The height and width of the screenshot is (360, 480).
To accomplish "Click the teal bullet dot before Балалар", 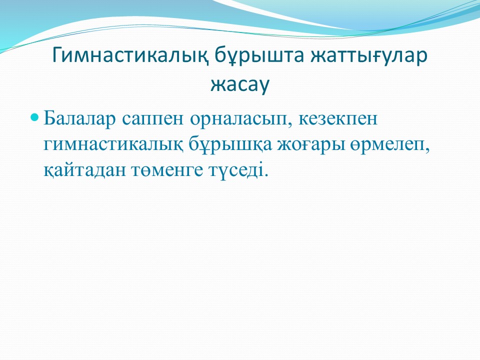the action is pyautogui.click(x=35, y=117).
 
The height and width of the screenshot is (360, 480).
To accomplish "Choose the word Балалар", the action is pyautogui.click(x=80, y=118).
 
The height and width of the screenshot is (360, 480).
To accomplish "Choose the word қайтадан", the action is pyautogui.click(x=85, y=170).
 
